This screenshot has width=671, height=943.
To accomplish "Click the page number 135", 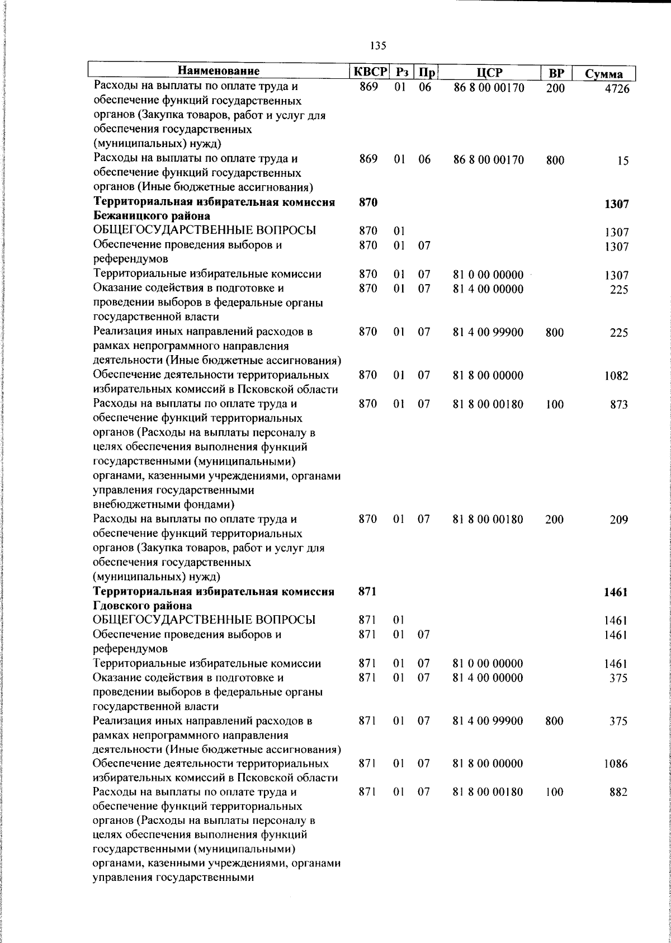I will tap(378, 46).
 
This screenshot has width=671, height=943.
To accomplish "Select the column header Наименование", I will tap(219, 72).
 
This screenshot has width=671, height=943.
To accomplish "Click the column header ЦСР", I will tap(490, 73).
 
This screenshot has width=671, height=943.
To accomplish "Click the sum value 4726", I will tap(617, 89).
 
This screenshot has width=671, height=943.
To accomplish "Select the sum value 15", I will tap(623, 161).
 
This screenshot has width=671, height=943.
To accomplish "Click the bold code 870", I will tap(368, 203).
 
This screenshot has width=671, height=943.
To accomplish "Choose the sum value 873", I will tap(619, 405).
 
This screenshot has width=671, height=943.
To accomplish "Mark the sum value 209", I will tap(619, 520).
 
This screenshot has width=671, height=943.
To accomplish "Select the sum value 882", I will tap(619, 793).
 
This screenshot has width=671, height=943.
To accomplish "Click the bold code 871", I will tap(367, 592).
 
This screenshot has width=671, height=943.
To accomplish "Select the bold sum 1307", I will tap(616, 204).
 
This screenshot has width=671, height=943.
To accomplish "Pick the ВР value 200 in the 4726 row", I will tap(555, 88).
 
